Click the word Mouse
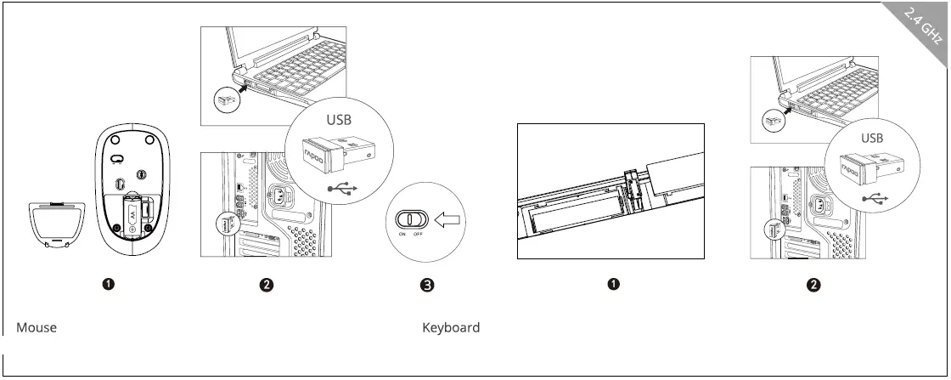tap(37, 328)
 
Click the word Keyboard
tap(451, 328)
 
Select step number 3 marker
tap(428, 285)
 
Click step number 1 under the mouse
tap(110, 284)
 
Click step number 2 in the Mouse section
tap(267, 285)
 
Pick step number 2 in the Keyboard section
tap(813, 285)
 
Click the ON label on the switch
tap(402, 233)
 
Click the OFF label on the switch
tap(418, 233)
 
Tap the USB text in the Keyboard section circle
tap(872, 137)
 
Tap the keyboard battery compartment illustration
tap(611, 191)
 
